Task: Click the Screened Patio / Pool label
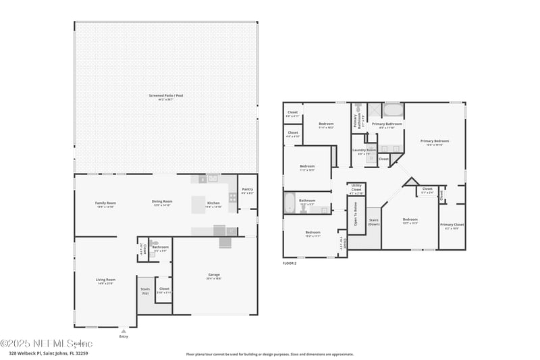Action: pos(165,96)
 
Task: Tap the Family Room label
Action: pos(105,203)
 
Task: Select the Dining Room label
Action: pos(162,201)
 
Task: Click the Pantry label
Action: pos(247,190)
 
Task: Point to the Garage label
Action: pos(214,275)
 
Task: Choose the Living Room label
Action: pos(105,280)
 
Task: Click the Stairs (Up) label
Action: pos(145,290)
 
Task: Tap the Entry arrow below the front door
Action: pos(123,332)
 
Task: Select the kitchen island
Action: pos(198,204)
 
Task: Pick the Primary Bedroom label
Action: pos(434,141)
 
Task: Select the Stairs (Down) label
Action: pos(373,221)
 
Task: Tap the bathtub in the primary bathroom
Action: pos(392,111)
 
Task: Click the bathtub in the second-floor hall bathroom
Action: pos(290,203)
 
